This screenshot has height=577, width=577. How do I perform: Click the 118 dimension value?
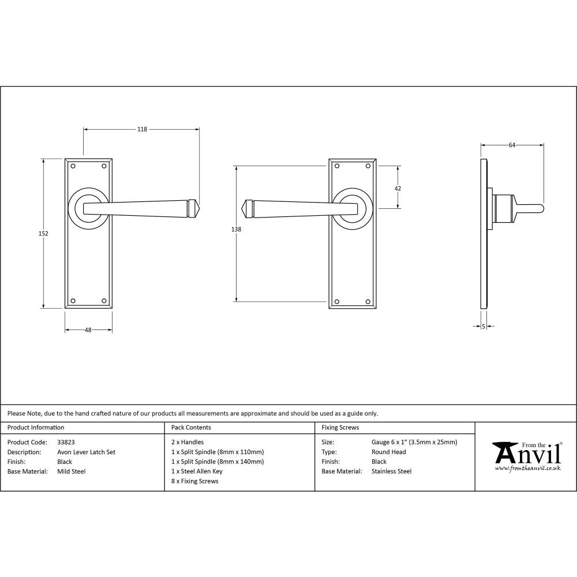click(141, 129)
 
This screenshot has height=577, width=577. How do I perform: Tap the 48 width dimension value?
click(88, 330)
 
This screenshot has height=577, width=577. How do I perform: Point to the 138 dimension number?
click(235, 229)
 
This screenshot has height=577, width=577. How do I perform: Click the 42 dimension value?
click(398, 188)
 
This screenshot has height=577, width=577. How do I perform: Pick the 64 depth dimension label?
click(512, 145)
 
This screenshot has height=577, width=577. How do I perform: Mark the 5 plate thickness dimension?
click(483, 327)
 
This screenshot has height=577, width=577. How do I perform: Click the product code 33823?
click(66, 443)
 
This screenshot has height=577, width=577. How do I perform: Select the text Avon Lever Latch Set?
click(86, 452)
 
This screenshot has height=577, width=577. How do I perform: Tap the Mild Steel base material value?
click(72, 471)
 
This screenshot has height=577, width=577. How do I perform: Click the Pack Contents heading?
click(191, 428)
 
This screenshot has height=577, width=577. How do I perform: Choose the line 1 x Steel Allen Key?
click(197, 471)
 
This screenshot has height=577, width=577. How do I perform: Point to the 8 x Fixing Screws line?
click(195, 481)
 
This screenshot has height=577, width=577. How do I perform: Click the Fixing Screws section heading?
click(340, 428)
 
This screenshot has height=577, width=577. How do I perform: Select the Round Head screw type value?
click(389, 452)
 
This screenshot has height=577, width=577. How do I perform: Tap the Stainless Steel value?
click(391, 471)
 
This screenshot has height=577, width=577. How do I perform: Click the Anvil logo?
click(526, 456)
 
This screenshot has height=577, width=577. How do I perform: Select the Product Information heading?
click(36, 428)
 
